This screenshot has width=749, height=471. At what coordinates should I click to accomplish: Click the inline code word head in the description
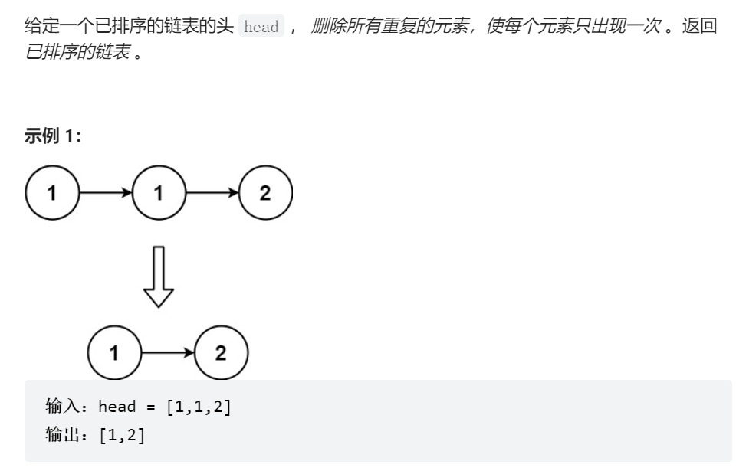coord(261,27)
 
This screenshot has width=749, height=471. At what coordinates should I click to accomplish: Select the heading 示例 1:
coord(52,136)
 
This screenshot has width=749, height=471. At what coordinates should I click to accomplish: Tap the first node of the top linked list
coord(52,193)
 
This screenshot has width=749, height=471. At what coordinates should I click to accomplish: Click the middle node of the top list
coord(159,193)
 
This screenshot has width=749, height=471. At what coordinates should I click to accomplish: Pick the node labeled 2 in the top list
coord(265,193)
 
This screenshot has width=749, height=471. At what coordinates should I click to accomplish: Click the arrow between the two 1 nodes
coord(105,193)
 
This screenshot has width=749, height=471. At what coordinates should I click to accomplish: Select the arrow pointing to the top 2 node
coord(212,193)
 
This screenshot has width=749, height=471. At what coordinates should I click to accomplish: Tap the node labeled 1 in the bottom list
coord(114,353)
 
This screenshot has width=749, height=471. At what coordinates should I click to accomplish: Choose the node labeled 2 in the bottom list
coord(221,353)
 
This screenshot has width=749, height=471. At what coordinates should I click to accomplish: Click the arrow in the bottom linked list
coord(167,353)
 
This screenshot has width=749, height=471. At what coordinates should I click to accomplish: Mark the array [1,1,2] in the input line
coord(199,406)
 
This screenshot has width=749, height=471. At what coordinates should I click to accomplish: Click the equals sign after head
coord(150,406)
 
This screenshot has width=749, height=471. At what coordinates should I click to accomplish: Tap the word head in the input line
coord(117,406)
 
